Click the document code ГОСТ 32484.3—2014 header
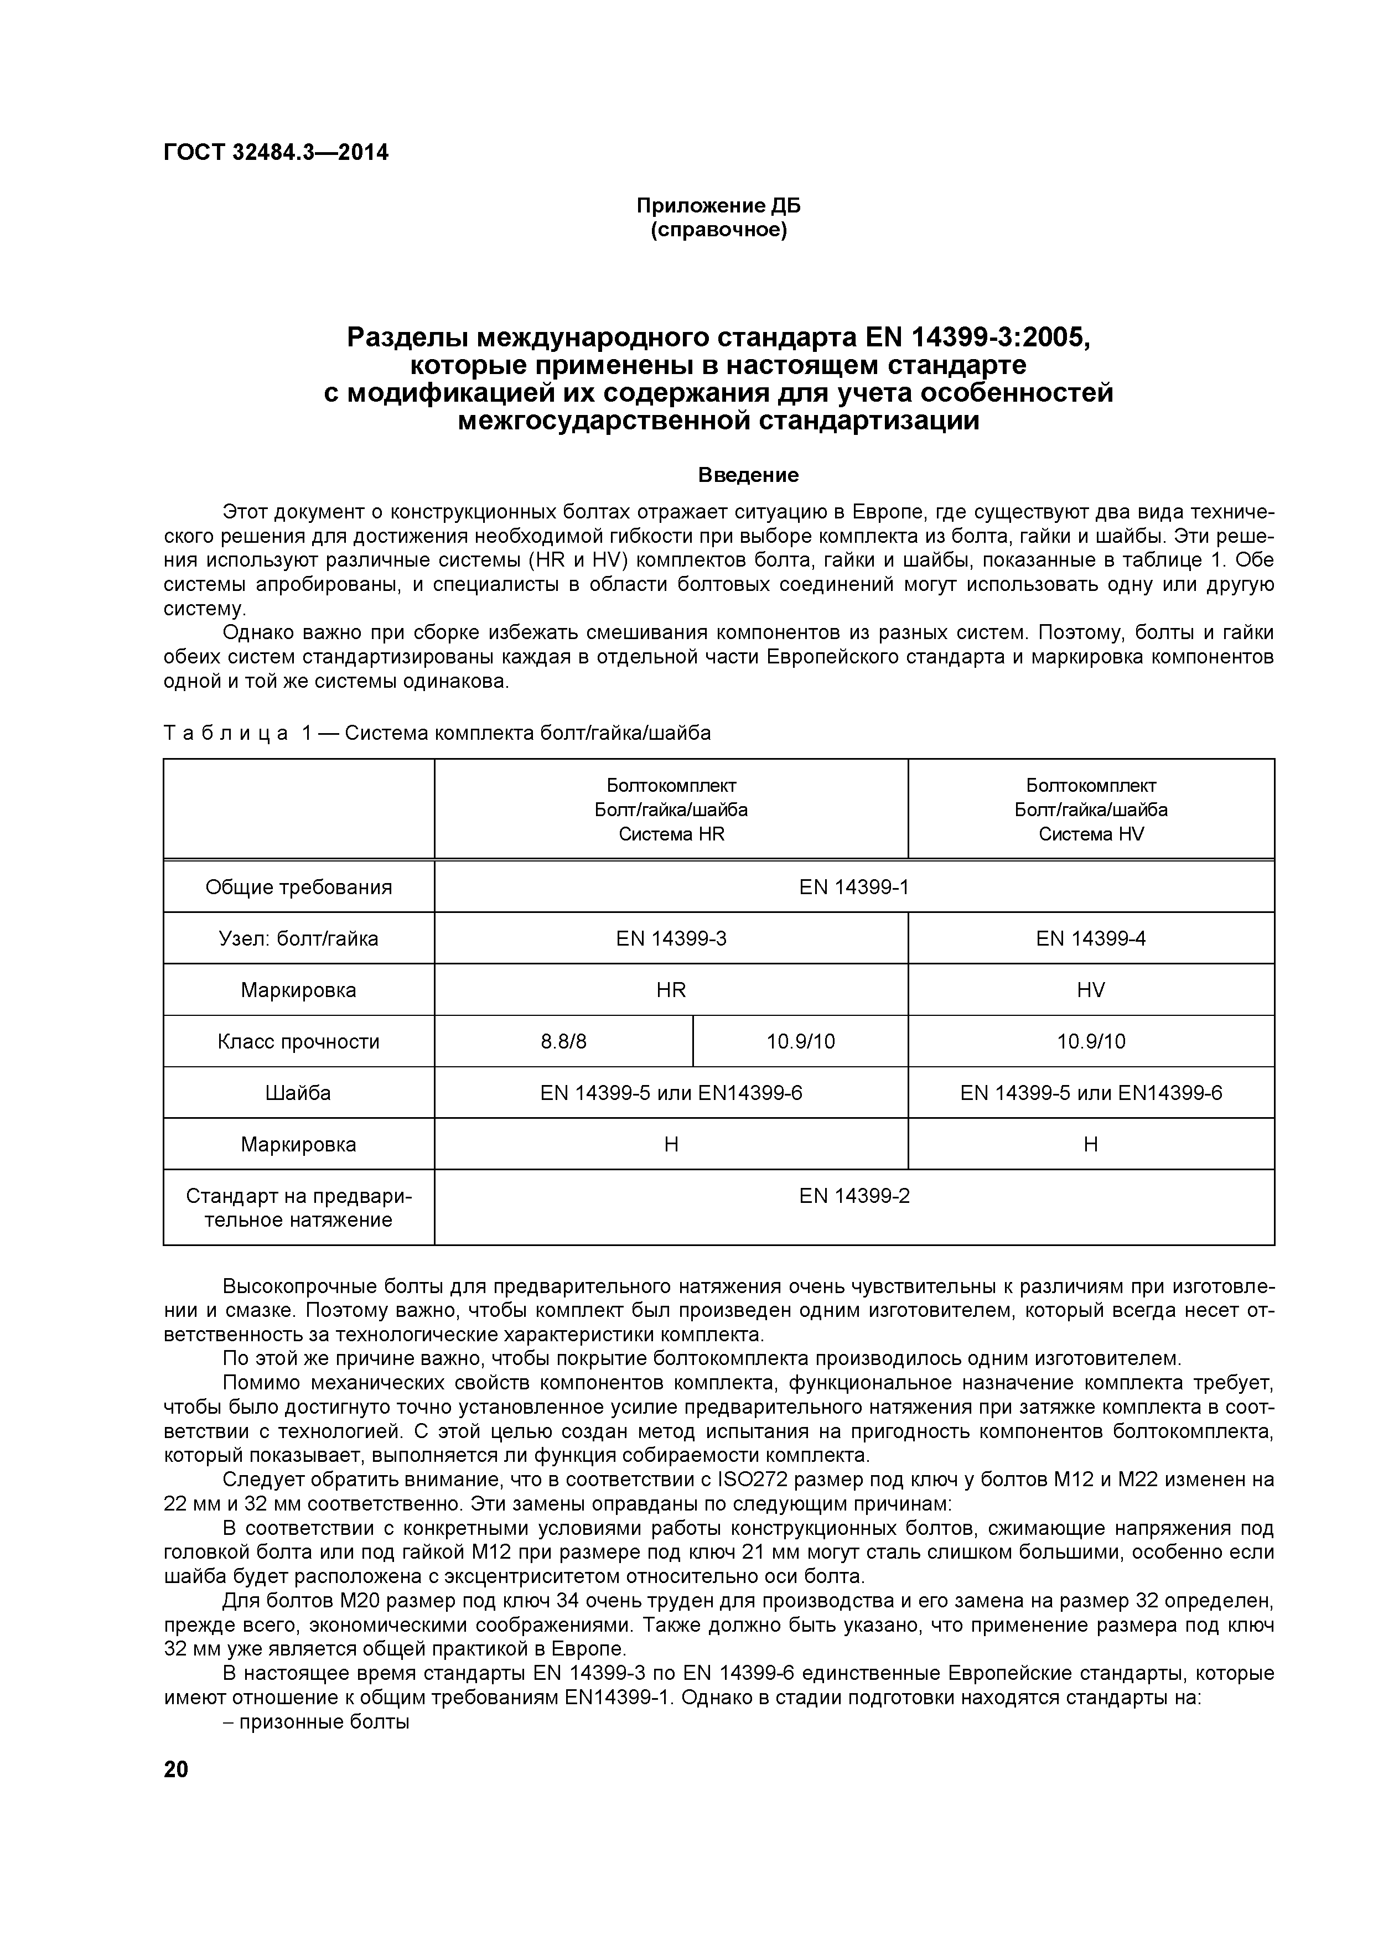pyautogui.click(x=276, y=153)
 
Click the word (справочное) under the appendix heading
pyautogui.click(x=718, y=230)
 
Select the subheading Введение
pyautogui.click(x=748, y=475)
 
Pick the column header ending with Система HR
pyautogui.click(x=671, y=810)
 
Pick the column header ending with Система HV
pyautogui.click(x=1091, y=810)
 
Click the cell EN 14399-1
pyautogui.click(x=854, y=887)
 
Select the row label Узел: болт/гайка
pyautogui.click(x=298, y=938)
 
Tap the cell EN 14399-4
pyautogui.click(x=1091, y=938)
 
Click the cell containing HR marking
pyautogui.click(x=671, y=990)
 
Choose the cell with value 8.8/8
pyautogui.click(x=564, y=1041)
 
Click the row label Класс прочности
pyautogui.click(x=298, y=1041)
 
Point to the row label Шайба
pyautogui.click(x=298, y=1093)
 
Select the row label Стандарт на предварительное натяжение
pyautogui.click(x=298, y=1208)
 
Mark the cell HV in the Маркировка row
pyautogui.click(x=1091, y=990)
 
